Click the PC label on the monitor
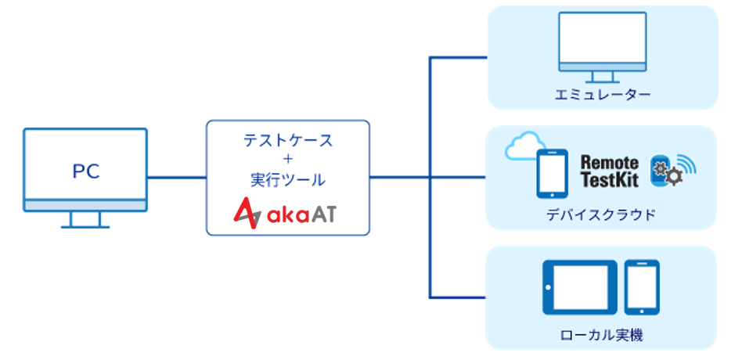pos(85,171)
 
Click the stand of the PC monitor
pos(85,218)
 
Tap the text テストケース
pos(287,141)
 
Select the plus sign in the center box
pos(287,160)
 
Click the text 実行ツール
pos(287,179)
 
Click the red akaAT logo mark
pos(249,212)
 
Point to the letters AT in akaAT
pos(321,214)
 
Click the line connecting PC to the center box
pos(176,177)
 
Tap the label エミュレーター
pos(602,95)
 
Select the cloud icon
pos(522,146)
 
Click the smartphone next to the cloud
pos(551,174)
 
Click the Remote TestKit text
pos(609,171)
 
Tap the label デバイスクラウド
pos(602,214)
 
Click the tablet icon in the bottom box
pos(579,286)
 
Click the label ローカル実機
pos(602,335)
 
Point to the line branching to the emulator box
pos(458,57)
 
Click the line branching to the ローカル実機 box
pos(458,297)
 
